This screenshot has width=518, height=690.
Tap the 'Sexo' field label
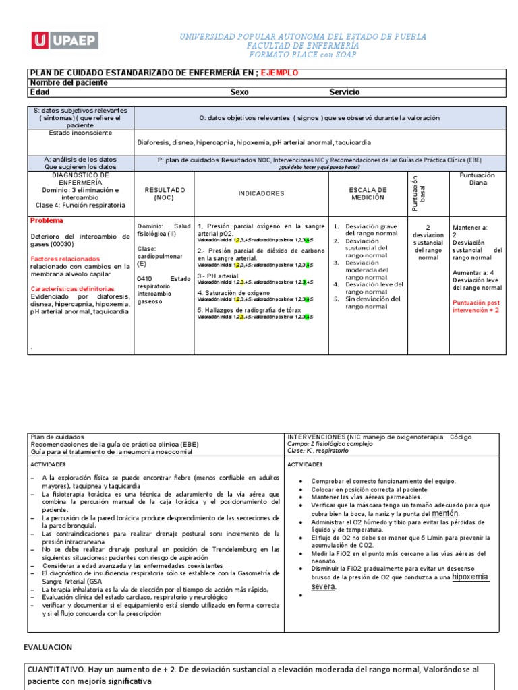[239, 92]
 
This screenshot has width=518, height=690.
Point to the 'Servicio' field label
[344, 92]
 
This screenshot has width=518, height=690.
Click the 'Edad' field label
[40, 92]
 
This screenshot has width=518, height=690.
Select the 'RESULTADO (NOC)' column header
[165, 194]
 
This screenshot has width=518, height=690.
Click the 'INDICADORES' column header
[261, 193]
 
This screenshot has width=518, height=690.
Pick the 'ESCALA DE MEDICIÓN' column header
[368, 194]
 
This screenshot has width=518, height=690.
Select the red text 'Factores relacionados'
[65, 259]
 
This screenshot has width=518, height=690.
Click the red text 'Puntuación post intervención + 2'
[476, 307]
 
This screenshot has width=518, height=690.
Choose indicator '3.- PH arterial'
[218, 276]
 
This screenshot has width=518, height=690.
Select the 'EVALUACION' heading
[47, 647]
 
